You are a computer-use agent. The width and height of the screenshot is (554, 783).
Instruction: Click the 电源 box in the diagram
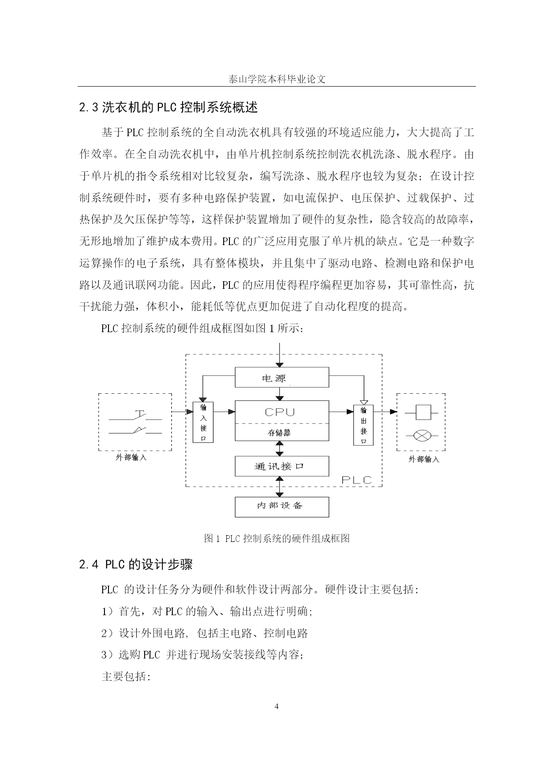tap(282, 378)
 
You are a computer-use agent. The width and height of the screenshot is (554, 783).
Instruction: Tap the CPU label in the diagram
tap(280, 412)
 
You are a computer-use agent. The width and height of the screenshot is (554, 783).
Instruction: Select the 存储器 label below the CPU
tap(279, 433)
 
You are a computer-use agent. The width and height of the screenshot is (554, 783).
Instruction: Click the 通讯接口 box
tap(282, 466)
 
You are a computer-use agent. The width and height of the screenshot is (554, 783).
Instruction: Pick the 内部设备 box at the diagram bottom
tap(282, 507)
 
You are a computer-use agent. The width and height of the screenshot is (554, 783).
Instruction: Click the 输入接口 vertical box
tap(203, 422)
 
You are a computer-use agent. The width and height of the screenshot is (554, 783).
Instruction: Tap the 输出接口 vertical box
tap(363, 425)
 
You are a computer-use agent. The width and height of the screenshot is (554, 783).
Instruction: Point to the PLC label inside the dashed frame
tap(357, 480)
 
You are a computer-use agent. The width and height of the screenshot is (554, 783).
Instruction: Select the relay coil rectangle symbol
tap(422, 412)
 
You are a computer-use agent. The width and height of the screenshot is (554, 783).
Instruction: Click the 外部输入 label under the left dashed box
tap(131, 458)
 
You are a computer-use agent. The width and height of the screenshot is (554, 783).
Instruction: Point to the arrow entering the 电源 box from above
tap(279, 355)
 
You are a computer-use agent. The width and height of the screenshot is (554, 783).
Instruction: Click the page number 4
tap(277, 706)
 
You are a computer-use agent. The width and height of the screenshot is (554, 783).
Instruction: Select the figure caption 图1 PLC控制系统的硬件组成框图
tap(277, 538)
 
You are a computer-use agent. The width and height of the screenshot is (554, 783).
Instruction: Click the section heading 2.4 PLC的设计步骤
tap(136, 565)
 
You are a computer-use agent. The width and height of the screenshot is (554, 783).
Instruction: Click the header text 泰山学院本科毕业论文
tap(277, 79)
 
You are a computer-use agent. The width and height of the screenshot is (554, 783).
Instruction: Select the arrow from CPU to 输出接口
tap(341, 412)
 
